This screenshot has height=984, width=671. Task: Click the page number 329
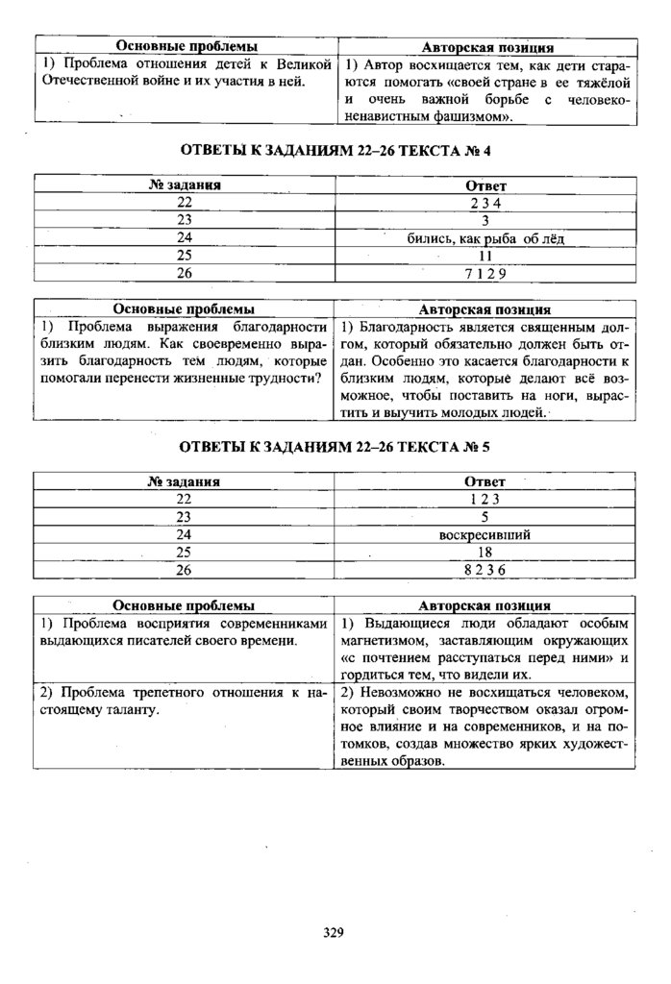(x=334, y=931)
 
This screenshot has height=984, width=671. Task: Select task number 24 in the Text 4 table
(x=185, y=237)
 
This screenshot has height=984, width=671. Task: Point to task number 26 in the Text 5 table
(x=185, y=570)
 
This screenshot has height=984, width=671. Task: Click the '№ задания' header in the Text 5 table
(x=185, y=480)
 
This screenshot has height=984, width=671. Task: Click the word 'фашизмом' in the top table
(x=467, y=117)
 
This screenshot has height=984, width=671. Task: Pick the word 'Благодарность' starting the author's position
(x=404, y=327)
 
